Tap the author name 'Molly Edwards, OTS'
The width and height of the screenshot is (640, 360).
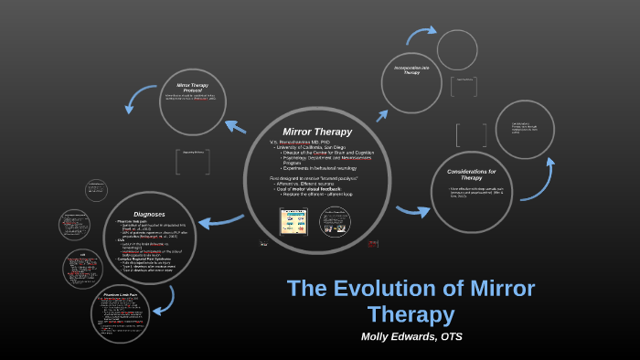[411, 336]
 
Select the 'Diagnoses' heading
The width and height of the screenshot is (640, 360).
[149, 214]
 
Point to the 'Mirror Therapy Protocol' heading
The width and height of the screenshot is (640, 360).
[193, 88]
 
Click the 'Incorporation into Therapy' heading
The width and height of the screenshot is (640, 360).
[411, 70]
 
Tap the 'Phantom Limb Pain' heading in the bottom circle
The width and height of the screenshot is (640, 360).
[120, 295]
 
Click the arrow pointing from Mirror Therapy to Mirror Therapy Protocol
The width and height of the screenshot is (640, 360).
[235, 126]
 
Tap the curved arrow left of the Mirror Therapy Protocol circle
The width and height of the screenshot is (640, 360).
[141, 99]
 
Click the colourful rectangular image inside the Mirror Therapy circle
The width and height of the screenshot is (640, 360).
[293, 221]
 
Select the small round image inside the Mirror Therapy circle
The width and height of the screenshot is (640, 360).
[334, 221]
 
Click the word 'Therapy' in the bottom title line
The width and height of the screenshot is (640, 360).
[411, 314]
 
